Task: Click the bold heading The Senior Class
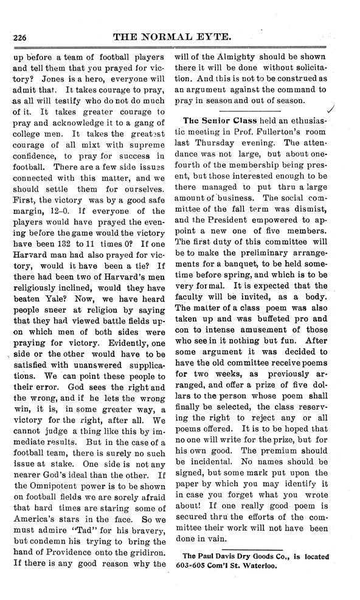click(x=218, y=119)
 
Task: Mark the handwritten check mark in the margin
click(x=330, y=109)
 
